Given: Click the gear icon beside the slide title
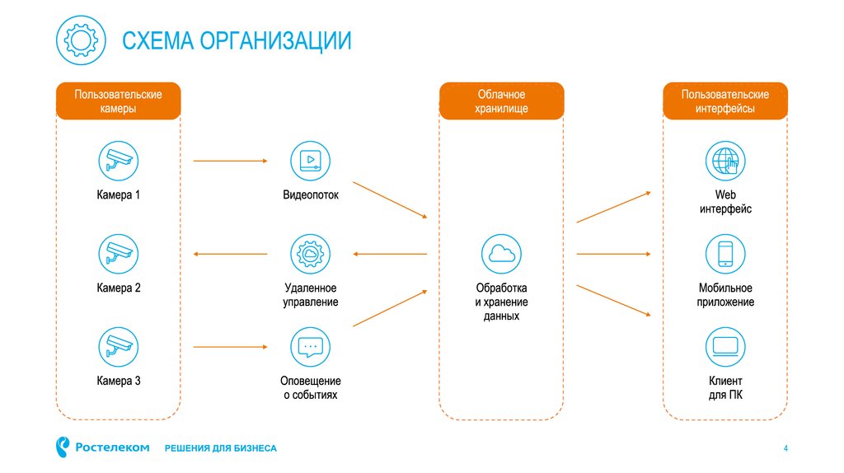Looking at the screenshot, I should pyautogui.click(x=81, y=40).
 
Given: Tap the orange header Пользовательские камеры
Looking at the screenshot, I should pyautogui.click(x=118, y=101).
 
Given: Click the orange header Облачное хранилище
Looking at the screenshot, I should pyautogui.click(x=501, y=101).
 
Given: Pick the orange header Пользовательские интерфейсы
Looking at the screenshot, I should pyautogui.click(x=724, y=101).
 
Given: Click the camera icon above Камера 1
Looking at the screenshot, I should pyautogui.click(x=118, y=161).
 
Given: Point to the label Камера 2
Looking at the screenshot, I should pyautogui.click(x=118, y=288).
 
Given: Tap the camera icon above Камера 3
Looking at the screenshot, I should pyautogui.click(x=118, y=346).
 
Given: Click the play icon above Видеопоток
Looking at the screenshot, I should pyautogui.click(x=310, y=161).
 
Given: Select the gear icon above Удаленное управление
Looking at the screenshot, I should pyautogui.click(x=310, y=254).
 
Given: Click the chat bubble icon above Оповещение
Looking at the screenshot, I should pyautogui.click(x=310, y=346).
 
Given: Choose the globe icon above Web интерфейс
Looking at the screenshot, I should pyautogui.click(x=725, y=161).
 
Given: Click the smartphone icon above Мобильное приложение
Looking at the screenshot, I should pyautogui.click(x=725, y=254).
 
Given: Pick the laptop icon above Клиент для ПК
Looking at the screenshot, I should pyautogui.click(x=725, y=346).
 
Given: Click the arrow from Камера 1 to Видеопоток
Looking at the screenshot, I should pyautogui.click(x=231, y=162).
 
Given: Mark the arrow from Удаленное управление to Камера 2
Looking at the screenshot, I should pyautogui.click(x=231, y=254).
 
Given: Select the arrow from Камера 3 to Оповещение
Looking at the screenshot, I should pyautogui.click(x=231, y=346).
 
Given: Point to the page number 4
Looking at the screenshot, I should pyautogui.click(x=785, y=448).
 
